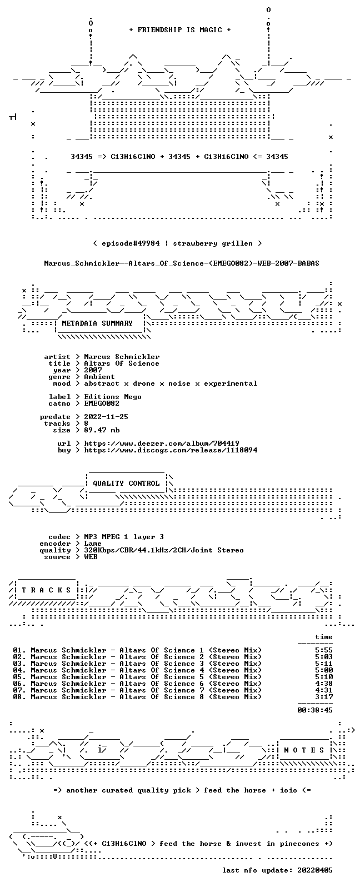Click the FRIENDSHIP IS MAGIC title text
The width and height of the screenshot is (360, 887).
click(180, 30)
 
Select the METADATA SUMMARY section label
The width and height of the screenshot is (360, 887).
click(97, 323)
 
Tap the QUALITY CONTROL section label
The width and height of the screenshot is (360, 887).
click(126, 484)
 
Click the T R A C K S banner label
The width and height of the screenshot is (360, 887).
click(46, 590)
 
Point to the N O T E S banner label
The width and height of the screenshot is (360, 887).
click(304, 750)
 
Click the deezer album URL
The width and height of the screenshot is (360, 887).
click(162, 443)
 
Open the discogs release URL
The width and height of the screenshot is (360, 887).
click(171, 450)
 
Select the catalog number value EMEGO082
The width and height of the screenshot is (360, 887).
click(101, 403)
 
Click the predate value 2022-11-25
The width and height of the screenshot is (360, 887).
click(106, 417)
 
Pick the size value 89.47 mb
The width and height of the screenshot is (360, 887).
click(102, 430)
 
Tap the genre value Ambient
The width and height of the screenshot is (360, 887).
click(99, 377)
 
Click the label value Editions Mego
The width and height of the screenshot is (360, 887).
click(113, 397)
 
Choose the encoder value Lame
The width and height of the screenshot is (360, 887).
click(93, 544)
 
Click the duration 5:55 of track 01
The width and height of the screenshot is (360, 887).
click(324, 650)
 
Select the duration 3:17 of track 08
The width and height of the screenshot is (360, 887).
click(324, 697)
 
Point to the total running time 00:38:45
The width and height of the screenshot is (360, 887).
click(315, 710)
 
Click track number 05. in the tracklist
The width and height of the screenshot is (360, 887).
click(19, 677)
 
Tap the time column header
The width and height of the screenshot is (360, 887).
click(324, 637)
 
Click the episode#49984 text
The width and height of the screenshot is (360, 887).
click(131, 243)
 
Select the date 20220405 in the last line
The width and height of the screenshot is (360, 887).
click(315, 870)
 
